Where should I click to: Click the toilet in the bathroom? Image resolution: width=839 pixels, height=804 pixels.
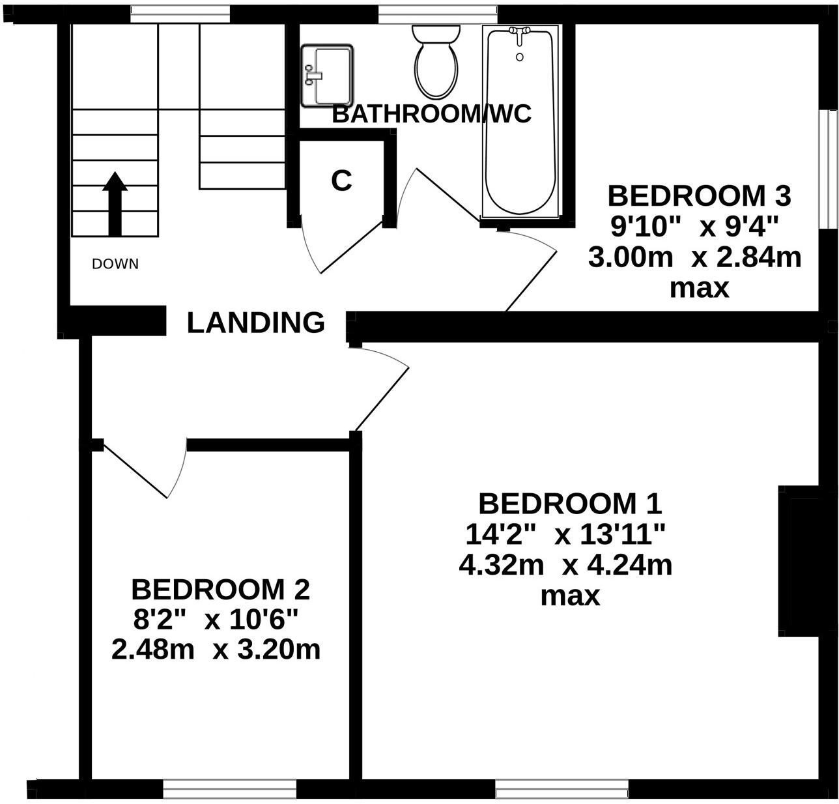tap(436, 63)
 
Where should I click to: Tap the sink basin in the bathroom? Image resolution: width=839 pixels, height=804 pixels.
tap(327, 76)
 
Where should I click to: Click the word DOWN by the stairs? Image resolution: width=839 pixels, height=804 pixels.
tap(115, 264)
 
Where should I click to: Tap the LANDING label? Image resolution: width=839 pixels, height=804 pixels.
tap(255, 323)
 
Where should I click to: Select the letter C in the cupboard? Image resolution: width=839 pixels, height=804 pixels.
tap(341, 181)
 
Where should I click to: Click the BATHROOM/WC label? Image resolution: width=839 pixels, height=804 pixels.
tap(431, 114)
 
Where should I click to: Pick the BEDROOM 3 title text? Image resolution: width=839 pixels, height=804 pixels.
tap(698, 195)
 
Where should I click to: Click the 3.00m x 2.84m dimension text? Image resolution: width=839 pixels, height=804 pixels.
tap(694, 257)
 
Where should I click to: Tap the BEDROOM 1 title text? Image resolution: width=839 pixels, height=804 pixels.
tap(570, 504)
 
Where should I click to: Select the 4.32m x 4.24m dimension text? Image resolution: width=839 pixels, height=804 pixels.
tap(565, 565)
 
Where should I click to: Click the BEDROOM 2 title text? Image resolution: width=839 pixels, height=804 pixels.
tap(220, 590)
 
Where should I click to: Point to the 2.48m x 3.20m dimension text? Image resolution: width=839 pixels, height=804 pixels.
tap(216, 650)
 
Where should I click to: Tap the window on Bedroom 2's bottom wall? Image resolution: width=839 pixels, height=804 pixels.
tap(229, 788)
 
